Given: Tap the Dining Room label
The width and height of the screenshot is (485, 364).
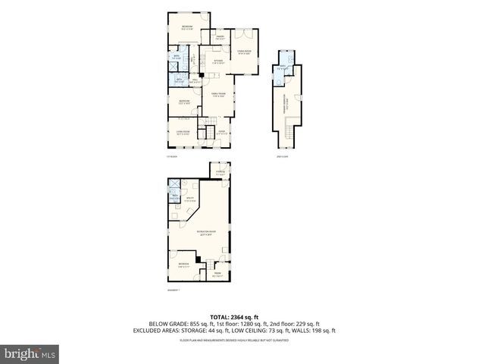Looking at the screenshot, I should pos(244,53).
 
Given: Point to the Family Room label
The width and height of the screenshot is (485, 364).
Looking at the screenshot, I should pos(219,95).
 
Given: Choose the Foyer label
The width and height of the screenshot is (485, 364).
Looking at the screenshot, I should pos(222,132).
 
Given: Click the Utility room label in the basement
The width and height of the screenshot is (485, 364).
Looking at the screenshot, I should pos(190,200).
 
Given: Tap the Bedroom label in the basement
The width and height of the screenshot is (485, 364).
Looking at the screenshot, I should pos(184,265).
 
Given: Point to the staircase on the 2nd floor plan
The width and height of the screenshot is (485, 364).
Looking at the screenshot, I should pos(289,137).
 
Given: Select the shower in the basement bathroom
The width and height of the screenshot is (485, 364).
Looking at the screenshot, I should pos(174,184).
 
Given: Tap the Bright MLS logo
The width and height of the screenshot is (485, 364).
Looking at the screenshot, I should pos(30,353).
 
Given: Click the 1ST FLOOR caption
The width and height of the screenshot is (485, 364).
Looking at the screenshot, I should pos(171,157).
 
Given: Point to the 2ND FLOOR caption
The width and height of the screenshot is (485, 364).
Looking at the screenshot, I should pos(281,157).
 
